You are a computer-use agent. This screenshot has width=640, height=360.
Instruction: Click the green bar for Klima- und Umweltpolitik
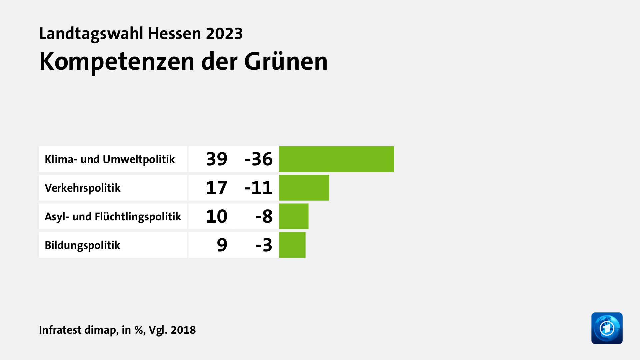[x=336, y=159]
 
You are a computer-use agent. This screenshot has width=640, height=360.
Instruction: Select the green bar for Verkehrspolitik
[x=304, y=188]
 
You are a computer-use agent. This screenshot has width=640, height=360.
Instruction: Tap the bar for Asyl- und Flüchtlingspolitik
[x=294, y=216]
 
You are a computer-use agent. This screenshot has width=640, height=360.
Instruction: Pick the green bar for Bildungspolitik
[x=292, y=245]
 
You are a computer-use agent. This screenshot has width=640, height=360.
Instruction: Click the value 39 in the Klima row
[x=217, y=159]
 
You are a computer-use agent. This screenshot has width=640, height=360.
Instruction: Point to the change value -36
[x=259, y=159]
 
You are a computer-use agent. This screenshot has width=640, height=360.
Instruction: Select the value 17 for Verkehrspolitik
[x=217, y=188]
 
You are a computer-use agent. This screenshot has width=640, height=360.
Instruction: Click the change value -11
[x=259, y=188]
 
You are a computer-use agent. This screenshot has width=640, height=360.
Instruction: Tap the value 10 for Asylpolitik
[x=217, y=216]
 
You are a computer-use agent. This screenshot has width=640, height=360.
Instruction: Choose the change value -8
[x=264, y=216]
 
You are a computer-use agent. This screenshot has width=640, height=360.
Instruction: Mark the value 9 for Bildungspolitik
[x=222, y=245]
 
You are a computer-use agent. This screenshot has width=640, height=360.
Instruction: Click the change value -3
[x=264, y=245]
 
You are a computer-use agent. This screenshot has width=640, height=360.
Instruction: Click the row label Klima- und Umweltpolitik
[x=110, y=159]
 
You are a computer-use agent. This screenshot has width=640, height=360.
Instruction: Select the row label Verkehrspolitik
[x=82, y=188]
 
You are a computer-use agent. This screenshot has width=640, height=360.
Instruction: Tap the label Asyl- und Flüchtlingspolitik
[x=113, y=217]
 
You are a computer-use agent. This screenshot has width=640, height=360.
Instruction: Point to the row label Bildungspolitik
[x=82, y=245]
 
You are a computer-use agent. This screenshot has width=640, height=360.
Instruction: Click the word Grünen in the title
[x=286, y=62]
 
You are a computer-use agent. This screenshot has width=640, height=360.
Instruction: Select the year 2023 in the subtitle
[x=224, y=34]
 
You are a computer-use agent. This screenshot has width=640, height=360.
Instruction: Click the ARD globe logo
[x=607, y=328]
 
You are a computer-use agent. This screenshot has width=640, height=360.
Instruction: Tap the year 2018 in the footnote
[x=183, y=330]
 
